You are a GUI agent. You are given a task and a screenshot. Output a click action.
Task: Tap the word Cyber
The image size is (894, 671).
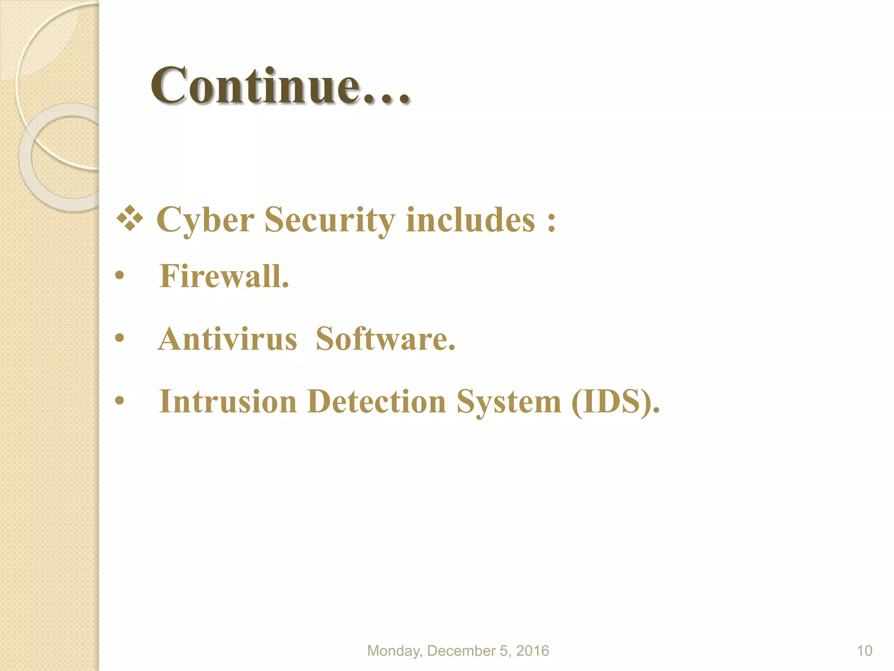coord(205,220)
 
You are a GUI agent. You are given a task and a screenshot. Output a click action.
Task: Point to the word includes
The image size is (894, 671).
coord(470,220)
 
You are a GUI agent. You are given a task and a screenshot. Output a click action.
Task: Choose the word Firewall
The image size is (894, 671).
coord(224,276)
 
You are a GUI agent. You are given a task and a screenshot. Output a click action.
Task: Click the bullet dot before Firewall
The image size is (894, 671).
coord(120,276)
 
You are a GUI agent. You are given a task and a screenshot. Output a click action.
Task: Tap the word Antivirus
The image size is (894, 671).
coord(227,339)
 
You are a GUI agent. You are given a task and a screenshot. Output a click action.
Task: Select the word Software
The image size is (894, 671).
coord(385,339)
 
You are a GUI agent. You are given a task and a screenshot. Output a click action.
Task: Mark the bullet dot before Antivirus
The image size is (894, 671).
coord(120,338)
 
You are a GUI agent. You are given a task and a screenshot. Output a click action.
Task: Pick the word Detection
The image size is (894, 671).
coord(376,401)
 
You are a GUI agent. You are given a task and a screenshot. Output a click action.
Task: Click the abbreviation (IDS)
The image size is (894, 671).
coord(615,401)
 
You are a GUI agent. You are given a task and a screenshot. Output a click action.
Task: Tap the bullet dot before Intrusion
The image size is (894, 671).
coord(120,401)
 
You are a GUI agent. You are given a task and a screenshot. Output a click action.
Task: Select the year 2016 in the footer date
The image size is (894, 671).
coord(532,651)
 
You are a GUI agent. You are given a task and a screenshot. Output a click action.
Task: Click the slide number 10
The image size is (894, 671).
coord(864,651)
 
